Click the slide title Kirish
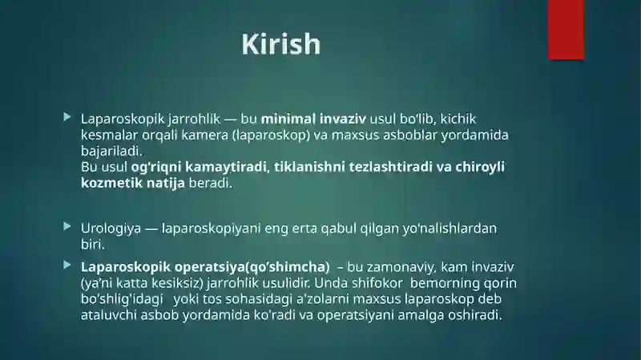click(x=281, y=44)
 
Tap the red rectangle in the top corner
click(x=566, y=30)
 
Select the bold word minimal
click(x=288, y=119)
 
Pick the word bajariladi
click(x=111, y=151)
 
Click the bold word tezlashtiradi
click(x=383, y=167)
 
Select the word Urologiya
click(x=111, y=229)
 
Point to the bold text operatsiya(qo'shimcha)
click(x=252, y=267)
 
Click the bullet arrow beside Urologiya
click(x=67, y=226)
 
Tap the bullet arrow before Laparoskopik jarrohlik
click(x=67, y=117)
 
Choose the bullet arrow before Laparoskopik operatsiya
click(x=67, y=265)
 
